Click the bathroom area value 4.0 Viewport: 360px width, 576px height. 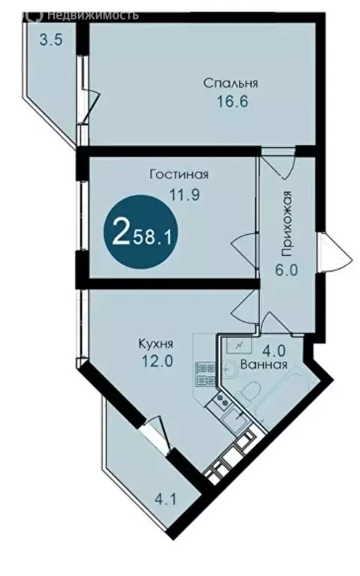pos(269,349)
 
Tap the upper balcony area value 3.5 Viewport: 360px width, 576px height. pos(50,40)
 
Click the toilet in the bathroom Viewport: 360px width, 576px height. pos(250,391)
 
